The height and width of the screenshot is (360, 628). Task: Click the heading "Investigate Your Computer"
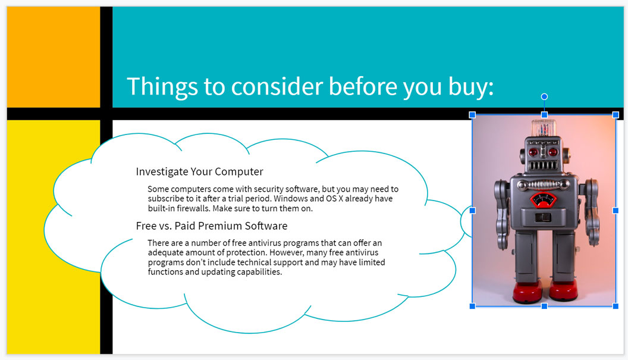[x=199, y=172]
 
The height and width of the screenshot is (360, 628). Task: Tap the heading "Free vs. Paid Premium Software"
[x=211, y=226]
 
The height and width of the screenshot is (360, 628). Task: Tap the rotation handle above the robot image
[x=544, y=96]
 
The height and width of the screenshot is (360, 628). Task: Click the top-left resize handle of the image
[x=473, y=114]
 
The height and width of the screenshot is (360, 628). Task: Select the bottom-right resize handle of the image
[x=616, y=306]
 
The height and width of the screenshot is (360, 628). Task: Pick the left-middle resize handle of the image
[x=473, y=210]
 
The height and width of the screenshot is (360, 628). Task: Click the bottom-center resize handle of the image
[x=544, y=306]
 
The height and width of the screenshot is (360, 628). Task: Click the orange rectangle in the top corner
[x=53, y=57]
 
